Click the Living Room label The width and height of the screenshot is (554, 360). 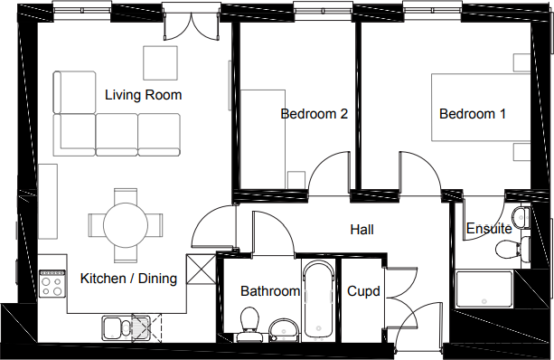[143, 95]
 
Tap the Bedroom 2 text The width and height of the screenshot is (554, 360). [315, 113]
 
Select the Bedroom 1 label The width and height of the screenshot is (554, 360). [473, 113]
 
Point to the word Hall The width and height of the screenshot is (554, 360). [362, 230]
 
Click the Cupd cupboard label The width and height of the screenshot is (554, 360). [363, 291]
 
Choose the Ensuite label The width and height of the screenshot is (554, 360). [489, 229]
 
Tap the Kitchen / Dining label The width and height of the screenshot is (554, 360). [128, 279]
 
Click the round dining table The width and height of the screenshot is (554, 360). [126, 225]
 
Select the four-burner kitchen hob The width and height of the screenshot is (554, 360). [52, 283]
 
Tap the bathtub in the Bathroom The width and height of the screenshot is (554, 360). [319, 300]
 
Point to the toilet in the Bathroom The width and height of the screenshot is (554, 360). [249, 324]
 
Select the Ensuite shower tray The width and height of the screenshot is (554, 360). [484, 289]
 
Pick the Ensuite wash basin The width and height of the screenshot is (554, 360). [521, 217]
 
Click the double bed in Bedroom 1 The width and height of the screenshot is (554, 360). [481, 107]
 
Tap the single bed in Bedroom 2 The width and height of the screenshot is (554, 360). [262, 139]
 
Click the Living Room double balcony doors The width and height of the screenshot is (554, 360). [192, 25]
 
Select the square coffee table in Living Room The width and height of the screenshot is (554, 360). [160, 63]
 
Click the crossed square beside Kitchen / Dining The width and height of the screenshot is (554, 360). [201, 270]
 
